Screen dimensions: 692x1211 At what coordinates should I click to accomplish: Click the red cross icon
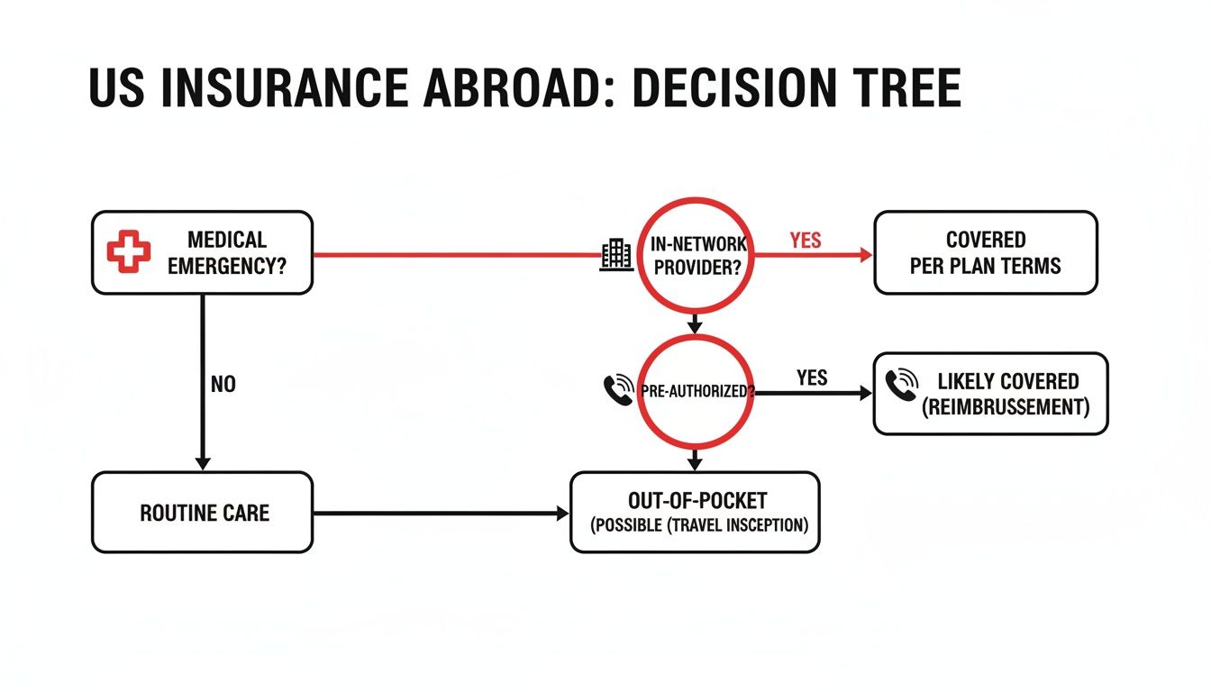point(129,252)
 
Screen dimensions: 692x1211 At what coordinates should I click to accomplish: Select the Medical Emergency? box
point(202,252)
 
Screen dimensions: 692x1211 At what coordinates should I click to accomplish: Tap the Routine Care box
point(202,513)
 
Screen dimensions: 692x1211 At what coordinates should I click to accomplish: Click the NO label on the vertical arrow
point(223,385)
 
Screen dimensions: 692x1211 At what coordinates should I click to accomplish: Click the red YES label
point(805,241)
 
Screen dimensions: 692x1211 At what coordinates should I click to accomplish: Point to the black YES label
point(812,378)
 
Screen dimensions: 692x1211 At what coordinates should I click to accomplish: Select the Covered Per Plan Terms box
point(986,252)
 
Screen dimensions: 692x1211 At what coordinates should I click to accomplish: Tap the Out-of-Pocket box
point(695,512)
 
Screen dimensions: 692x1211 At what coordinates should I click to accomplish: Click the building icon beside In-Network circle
point(615,255)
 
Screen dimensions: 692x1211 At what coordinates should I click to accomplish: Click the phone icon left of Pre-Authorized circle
point(618,389)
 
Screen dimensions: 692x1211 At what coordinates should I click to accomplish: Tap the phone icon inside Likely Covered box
point(901,384)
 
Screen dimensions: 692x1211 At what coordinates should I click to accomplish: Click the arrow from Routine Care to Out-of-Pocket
point(442,514)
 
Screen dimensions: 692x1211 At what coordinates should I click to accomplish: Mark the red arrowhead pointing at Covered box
point(866,255)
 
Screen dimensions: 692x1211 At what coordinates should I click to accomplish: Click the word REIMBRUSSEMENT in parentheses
point(1006,407)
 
